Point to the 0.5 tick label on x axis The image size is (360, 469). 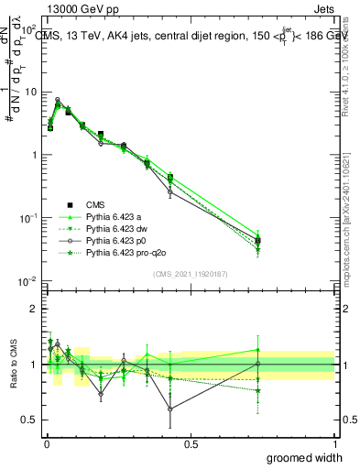pos(191,443)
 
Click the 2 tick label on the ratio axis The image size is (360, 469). pos(34,309)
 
